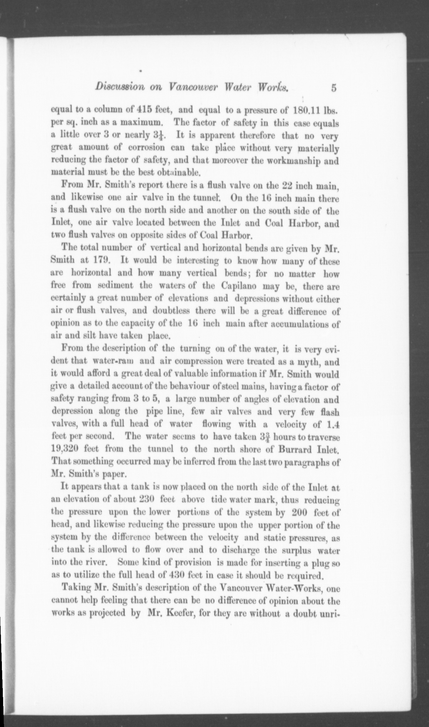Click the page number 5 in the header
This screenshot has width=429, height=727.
pos(334,88)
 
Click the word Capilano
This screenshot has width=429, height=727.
pos(241,285)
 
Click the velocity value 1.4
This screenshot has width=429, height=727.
pos(332,424)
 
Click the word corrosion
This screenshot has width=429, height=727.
pos(144,148)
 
